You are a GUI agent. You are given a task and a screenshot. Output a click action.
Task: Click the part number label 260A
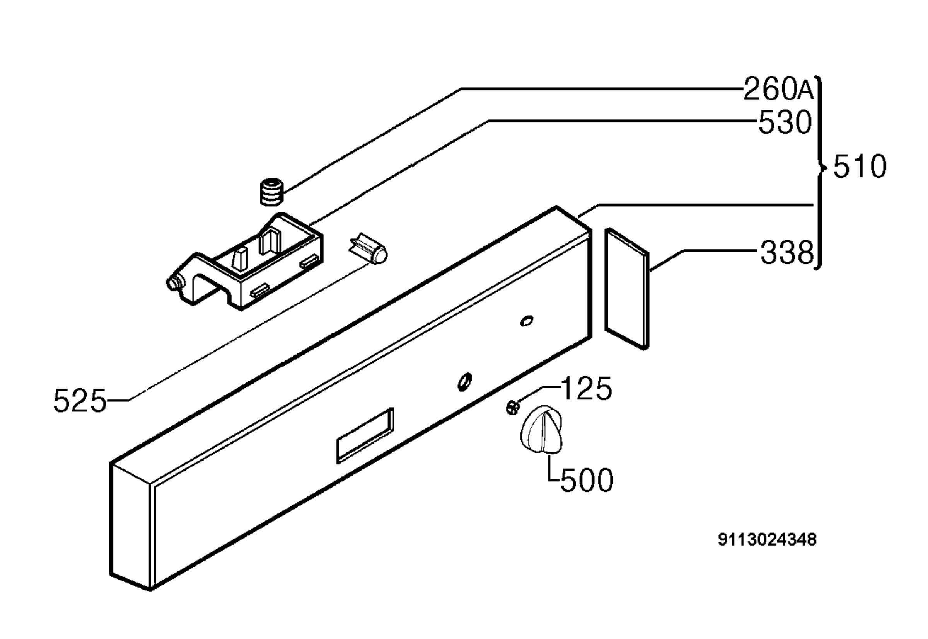pos(778,89)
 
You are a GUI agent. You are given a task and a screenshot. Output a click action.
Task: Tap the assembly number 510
pos(860,167)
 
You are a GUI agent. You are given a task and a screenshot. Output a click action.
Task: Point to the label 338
pos(787,253)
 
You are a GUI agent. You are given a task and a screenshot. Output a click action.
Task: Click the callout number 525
pos(80,401)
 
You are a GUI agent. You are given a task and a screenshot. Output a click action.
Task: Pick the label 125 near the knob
pos(587,388)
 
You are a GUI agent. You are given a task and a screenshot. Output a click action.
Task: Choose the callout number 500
pos(587,480)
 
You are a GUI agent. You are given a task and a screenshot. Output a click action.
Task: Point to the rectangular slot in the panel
pos(365,435)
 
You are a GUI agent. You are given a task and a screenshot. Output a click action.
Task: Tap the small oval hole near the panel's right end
pos(527,321)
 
